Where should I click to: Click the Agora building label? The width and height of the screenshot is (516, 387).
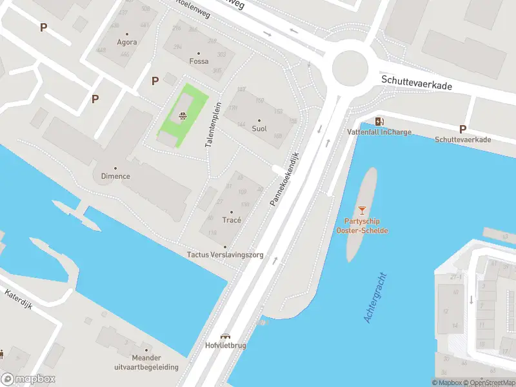coord(127,43)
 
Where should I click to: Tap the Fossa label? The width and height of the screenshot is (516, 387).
coord(199,61)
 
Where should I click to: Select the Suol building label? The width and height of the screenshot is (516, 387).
coord(259,128)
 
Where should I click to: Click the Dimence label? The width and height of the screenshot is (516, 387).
coord(115,176)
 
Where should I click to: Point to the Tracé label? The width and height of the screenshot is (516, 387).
coord(231,220)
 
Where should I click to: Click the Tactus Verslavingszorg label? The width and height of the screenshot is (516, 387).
coord(225,255)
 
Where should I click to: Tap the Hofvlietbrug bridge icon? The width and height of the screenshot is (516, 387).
coord(225,335)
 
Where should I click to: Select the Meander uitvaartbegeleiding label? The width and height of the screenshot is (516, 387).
coord(146,362)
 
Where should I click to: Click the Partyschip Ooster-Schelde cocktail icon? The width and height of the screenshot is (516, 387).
coord(362,210)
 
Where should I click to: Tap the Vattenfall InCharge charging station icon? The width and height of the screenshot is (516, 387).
coord(379,121)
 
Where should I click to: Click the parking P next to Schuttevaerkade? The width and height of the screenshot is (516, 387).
coord(462,129)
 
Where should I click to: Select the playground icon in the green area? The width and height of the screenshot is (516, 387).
coord(183,116)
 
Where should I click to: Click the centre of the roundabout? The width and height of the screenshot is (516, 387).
coord(349,66)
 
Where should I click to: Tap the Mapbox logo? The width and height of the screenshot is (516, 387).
coord(28,379)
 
